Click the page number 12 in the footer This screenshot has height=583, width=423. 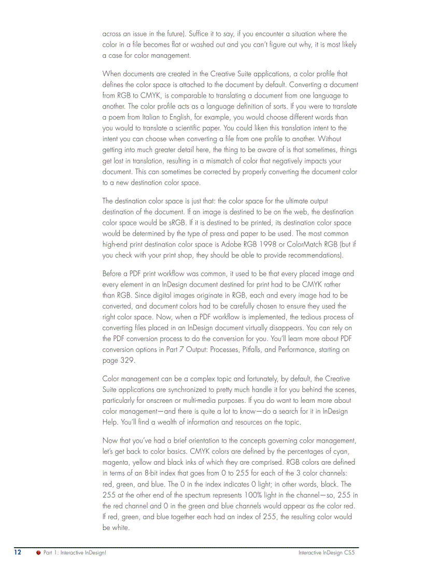click(18, 553)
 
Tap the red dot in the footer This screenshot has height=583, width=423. click(38, 553)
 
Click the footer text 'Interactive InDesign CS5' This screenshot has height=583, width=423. click(326, 553)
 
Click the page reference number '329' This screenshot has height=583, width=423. click(128, 360)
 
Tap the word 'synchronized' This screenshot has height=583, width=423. click(180, 389)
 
